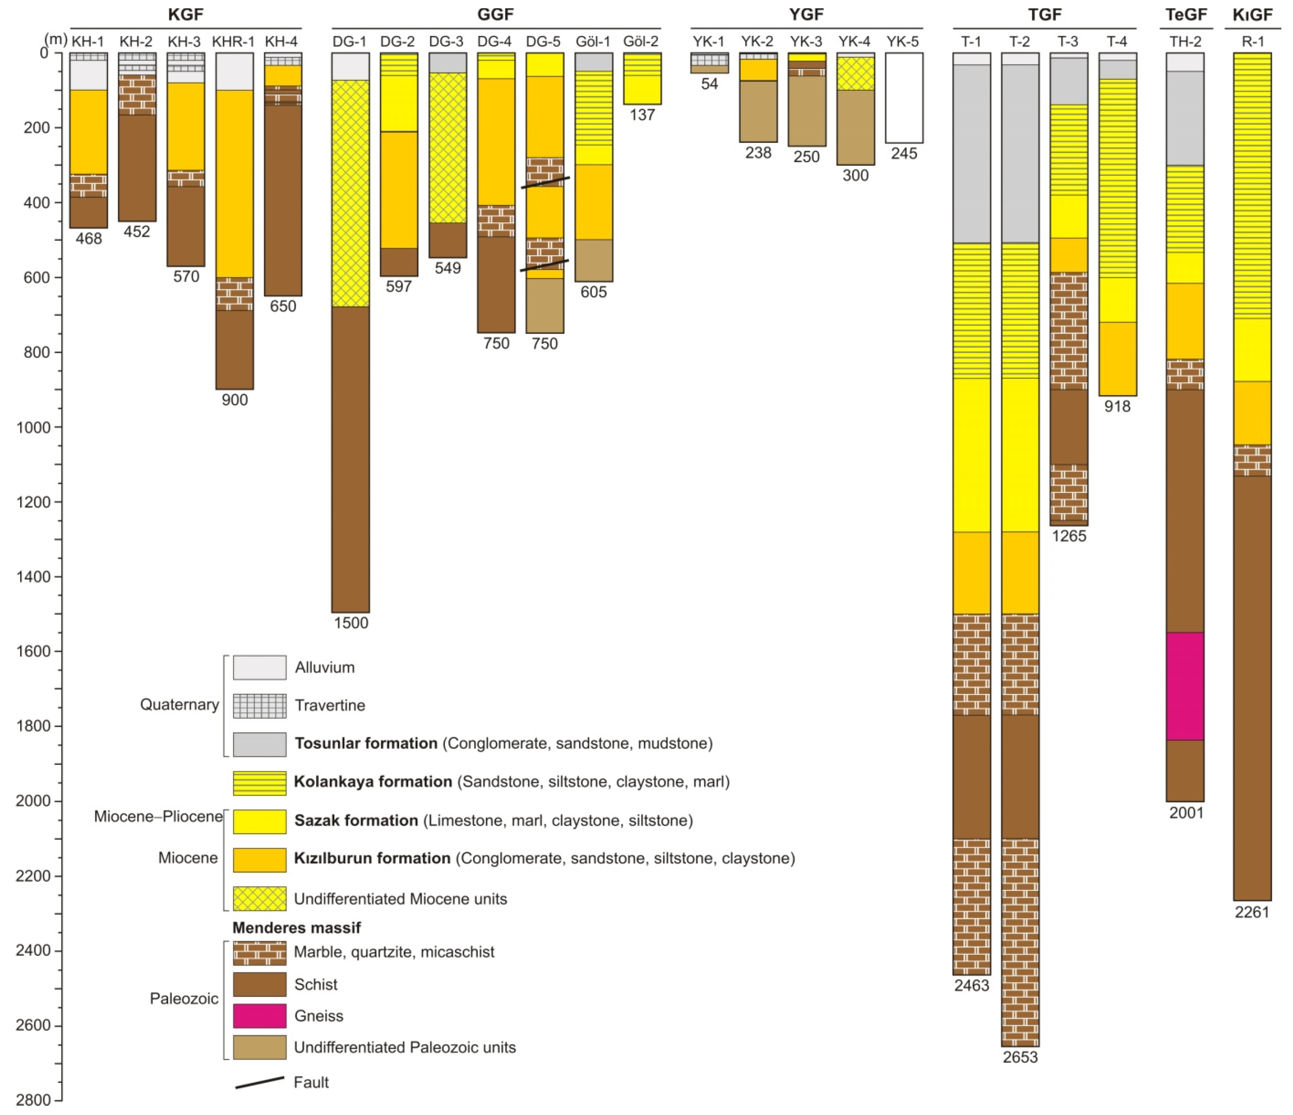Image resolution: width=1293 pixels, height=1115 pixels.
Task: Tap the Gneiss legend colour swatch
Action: pos(260,1016)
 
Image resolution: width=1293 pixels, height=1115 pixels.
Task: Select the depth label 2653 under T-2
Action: pos(1020,1057)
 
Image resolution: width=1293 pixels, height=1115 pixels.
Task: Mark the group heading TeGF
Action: pos(1186,14)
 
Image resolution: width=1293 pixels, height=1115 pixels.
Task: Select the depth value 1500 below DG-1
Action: pos(351,623)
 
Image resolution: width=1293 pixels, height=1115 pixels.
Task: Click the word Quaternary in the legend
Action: pos(179,704)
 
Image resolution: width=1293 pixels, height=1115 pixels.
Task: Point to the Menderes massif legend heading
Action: pos(296,928)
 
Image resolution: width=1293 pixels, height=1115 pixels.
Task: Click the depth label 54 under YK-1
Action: pos(710,84)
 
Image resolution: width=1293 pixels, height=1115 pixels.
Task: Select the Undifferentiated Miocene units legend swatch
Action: pos(260,899)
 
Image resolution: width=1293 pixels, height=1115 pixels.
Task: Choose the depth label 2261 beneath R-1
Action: pos(1252,912)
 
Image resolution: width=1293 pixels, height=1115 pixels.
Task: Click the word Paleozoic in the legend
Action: pos(184,998)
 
